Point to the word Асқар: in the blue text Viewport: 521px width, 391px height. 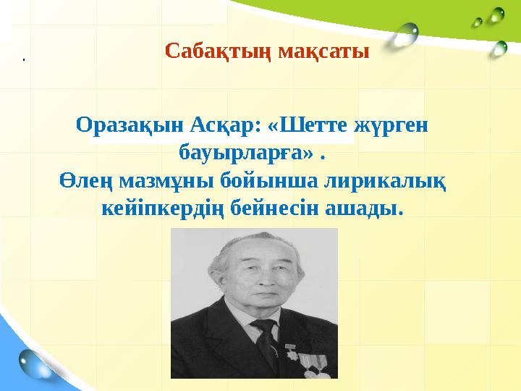[224, 125]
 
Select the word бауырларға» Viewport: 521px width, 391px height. [246, 154]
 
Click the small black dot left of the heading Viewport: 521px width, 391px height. [23, 59]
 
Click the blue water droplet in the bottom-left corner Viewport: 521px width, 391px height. [33, 361]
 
